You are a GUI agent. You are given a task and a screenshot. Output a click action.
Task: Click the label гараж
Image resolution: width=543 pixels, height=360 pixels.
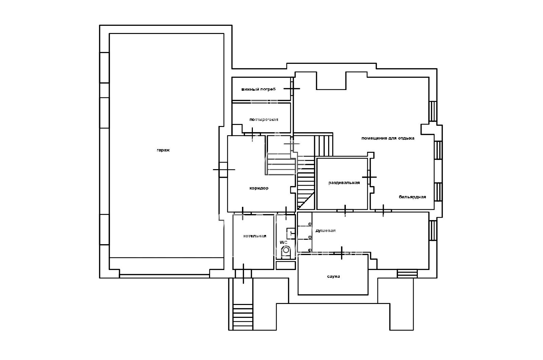[163, 150]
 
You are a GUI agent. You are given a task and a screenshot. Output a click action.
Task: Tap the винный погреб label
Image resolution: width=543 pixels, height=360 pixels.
[258, 89]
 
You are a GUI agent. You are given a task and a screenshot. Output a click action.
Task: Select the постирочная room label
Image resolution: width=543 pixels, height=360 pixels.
[264, 120]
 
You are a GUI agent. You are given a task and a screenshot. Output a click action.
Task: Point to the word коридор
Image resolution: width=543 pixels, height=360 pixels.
[259, 188]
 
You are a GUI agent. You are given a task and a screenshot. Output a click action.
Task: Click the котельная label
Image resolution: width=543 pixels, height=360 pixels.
[255, 236]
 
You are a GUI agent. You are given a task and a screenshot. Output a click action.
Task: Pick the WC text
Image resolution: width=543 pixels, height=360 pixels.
[283, 242]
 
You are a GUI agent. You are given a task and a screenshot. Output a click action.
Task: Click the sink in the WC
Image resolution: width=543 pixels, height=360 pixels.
[291, 234]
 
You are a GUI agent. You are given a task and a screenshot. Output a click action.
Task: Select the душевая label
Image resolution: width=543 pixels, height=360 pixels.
[325, 231]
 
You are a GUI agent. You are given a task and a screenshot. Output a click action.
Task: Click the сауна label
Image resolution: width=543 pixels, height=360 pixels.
[334, 276]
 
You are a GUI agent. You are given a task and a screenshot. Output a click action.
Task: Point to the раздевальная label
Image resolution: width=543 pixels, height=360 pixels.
[344, 183]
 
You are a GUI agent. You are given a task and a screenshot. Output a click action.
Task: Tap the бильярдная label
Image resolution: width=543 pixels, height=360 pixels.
[412, 197]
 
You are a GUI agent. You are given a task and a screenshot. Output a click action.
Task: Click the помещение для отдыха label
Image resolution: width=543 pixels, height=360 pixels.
[388, 138]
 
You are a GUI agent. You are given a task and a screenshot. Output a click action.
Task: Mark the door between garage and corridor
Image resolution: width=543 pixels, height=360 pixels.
[224, 169]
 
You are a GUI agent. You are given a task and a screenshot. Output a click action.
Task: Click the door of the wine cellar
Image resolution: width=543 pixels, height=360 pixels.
[292, 89]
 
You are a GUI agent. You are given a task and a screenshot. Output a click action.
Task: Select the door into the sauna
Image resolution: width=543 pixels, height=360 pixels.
[342, 253]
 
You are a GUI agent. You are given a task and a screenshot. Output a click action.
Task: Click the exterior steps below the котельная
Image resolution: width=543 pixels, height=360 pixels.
[243, 317]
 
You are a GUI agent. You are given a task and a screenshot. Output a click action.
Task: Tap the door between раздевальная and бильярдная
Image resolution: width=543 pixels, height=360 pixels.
[369, 177]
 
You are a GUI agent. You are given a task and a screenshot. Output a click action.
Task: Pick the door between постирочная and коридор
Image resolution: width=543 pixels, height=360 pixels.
[252, 134]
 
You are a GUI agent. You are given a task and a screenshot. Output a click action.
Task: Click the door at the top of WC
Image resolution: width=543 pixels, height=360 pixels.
[286, 213]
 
